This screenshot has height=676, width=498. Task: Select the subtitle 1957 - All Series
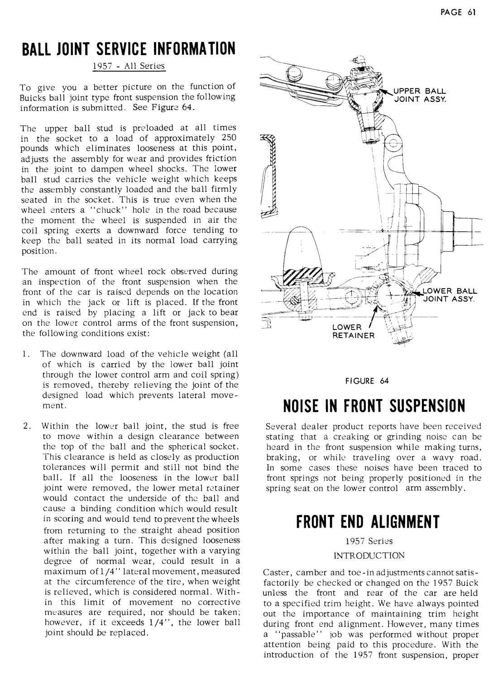pyautogui.click(x=129, y=66)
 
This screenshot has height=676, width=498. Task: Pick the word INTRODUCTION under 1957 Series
pyautogui.click(x=368, y=555)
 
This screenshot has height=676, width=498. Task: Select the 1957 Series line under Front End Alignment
pyautogui.click(x=368, y=541)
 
